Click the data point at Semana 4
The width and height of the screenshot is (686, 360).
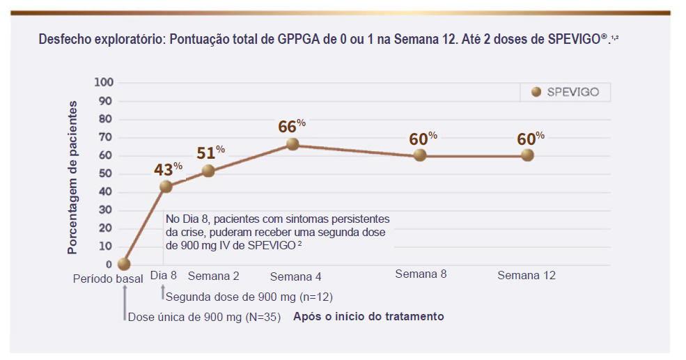pos(293,144)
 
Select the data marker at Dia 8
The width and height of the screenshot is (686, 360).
pos(166,186)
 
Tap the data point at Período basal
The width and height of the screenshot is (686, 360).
pos(124,264)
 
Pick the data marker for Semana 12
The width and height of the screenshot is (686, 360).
pos(527,155)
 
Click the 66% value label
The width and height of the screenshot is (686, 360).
pos(291,126)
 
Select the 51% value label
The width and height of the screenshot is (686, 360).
pos(210,152)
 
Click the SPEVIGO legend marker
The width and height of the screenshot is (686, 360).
pos(536,92)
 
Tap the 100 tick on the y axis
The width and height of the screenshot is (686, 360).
pos(103,82)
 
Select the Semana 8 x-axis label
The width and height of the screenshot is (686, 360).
pos(421,274)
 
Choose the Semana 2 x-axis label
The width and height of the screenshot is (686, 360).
pos(213,275)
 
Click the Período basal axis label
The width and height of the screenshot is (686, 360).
pos(108,278)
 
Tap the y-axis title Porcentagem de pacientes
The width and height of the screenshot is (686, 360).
pos(72,177)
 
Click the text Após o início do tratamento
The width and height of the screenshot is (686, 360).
pos(368,316)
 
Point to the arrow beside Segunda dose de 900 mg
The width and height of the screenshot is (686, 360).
pos(163,292)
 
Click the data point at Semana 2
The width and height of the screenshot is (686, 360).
pos(208,171)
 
